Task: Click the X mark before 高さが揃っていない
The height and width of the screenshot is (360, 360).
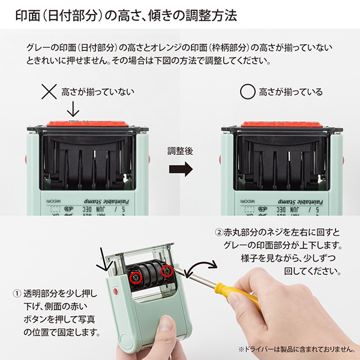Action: pos(49,92)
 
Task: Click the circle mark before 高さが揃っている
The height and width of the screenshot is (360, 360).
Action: pos(247,92)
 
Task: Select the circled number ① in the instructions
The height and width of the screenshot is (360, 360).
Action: pos(16,294)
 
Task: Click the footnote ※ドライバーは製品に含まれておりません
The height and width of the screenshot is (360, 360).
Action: pos(293,348)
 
